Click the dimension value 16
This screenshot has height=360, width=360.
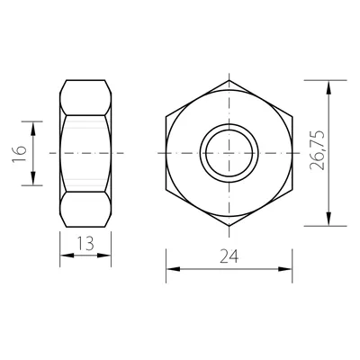pos(20,154)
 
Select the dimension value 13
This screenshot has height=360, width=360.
pos(85,243)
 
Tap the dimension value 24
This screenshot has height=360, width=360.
pos(229,256)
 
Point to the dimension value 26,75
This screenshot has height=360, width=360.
pos(317,150)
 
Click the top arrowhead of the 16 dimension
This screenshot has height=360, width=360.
pos(33,128)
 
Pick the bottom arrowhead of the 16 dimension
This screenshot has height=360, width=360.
pos(33,179)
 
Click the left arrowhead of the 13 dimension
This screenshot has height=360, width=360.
pos(67,256)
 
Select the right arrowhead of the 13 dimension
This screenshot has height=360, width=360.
pos(104,256)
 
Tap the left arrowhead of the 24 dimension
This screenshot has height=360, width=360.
pos(173,269)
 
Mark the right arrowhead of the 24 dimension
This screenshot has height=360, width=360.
pos(285,269)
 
